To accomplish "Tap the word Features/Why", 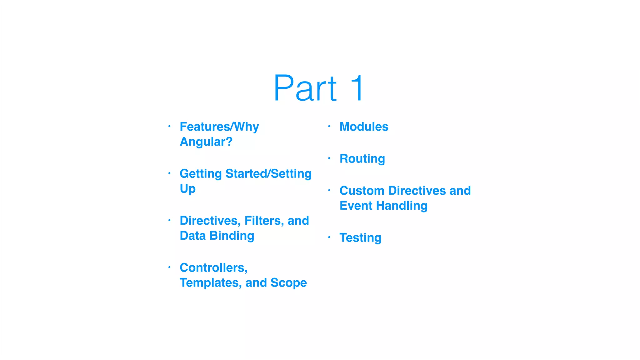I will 219,127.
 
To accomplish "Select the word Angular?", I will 206,142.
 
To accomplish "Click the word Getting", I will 201,174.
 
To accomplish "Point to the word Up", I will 187,189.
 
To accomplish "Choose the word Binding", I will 232,236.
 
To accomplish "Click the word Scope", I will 288,283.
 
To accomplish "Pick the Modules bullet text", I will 364,127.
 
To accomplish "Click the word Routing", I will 362,159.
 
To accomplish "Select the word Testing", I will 360,238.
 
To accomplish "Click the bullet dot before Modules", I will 329,126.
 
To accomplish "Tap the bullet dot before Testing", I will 329,237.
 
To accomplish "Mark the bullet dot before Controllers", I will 169,267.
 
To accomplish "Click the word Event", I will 356,206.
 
